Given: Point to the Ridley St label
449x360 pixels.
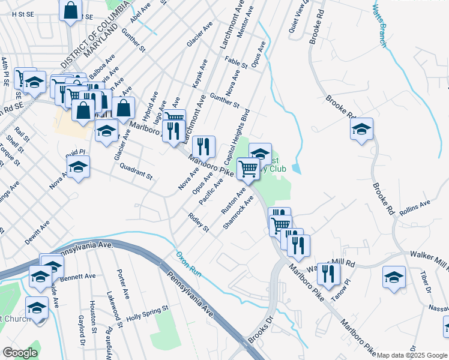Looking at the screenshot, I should [197, 222].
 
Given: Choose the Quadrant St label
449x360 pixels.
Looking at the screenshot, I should [136, 172].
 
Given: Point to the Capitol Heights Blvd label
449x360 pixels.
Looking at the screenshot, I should [237, 138].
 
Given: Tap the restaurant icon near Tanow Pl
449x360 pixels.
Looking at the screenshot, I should [328, 274].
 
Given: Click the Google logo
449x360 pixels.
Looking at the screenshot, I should [20, 353].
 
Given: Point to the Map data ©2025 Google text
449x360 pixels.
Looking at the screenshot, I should [412, 355].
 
